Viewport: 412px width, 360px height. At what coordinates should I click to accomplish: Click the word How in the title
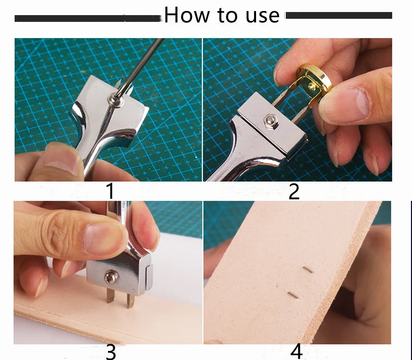pos(187,15)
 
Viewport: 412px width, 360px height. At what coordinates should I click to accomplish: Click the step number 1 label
pos(111,191)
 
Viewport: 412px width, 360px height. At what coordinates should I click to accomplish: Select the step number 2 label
pos(294,191)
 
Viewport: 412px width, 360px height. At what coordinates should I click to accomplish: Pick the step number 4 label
pos(296,352)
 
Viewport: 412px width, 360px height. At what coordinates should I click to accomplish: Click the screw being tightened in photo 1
pos(116,100)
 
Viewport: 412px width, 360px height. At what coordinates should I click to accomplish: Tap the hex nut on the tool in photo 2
pos(269,121)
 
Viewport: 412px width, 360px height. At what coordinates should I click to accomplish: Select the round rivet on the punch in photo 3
pos(112,277)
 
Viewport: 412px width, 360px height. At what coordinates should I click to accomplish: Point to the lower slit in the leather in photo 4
pos(293,295)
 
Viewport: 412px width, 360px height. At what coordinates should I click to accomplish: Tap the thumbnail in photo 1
pos(61,160)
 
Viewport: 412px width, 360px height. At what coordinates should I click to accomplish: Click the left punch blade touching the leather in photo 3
pos(110,296)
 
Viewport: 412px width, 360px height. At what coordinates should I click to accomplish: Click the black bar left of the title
pos(88,18)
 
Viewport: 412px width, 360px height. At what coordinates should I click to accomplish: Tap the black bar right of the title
pos(338,16)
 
